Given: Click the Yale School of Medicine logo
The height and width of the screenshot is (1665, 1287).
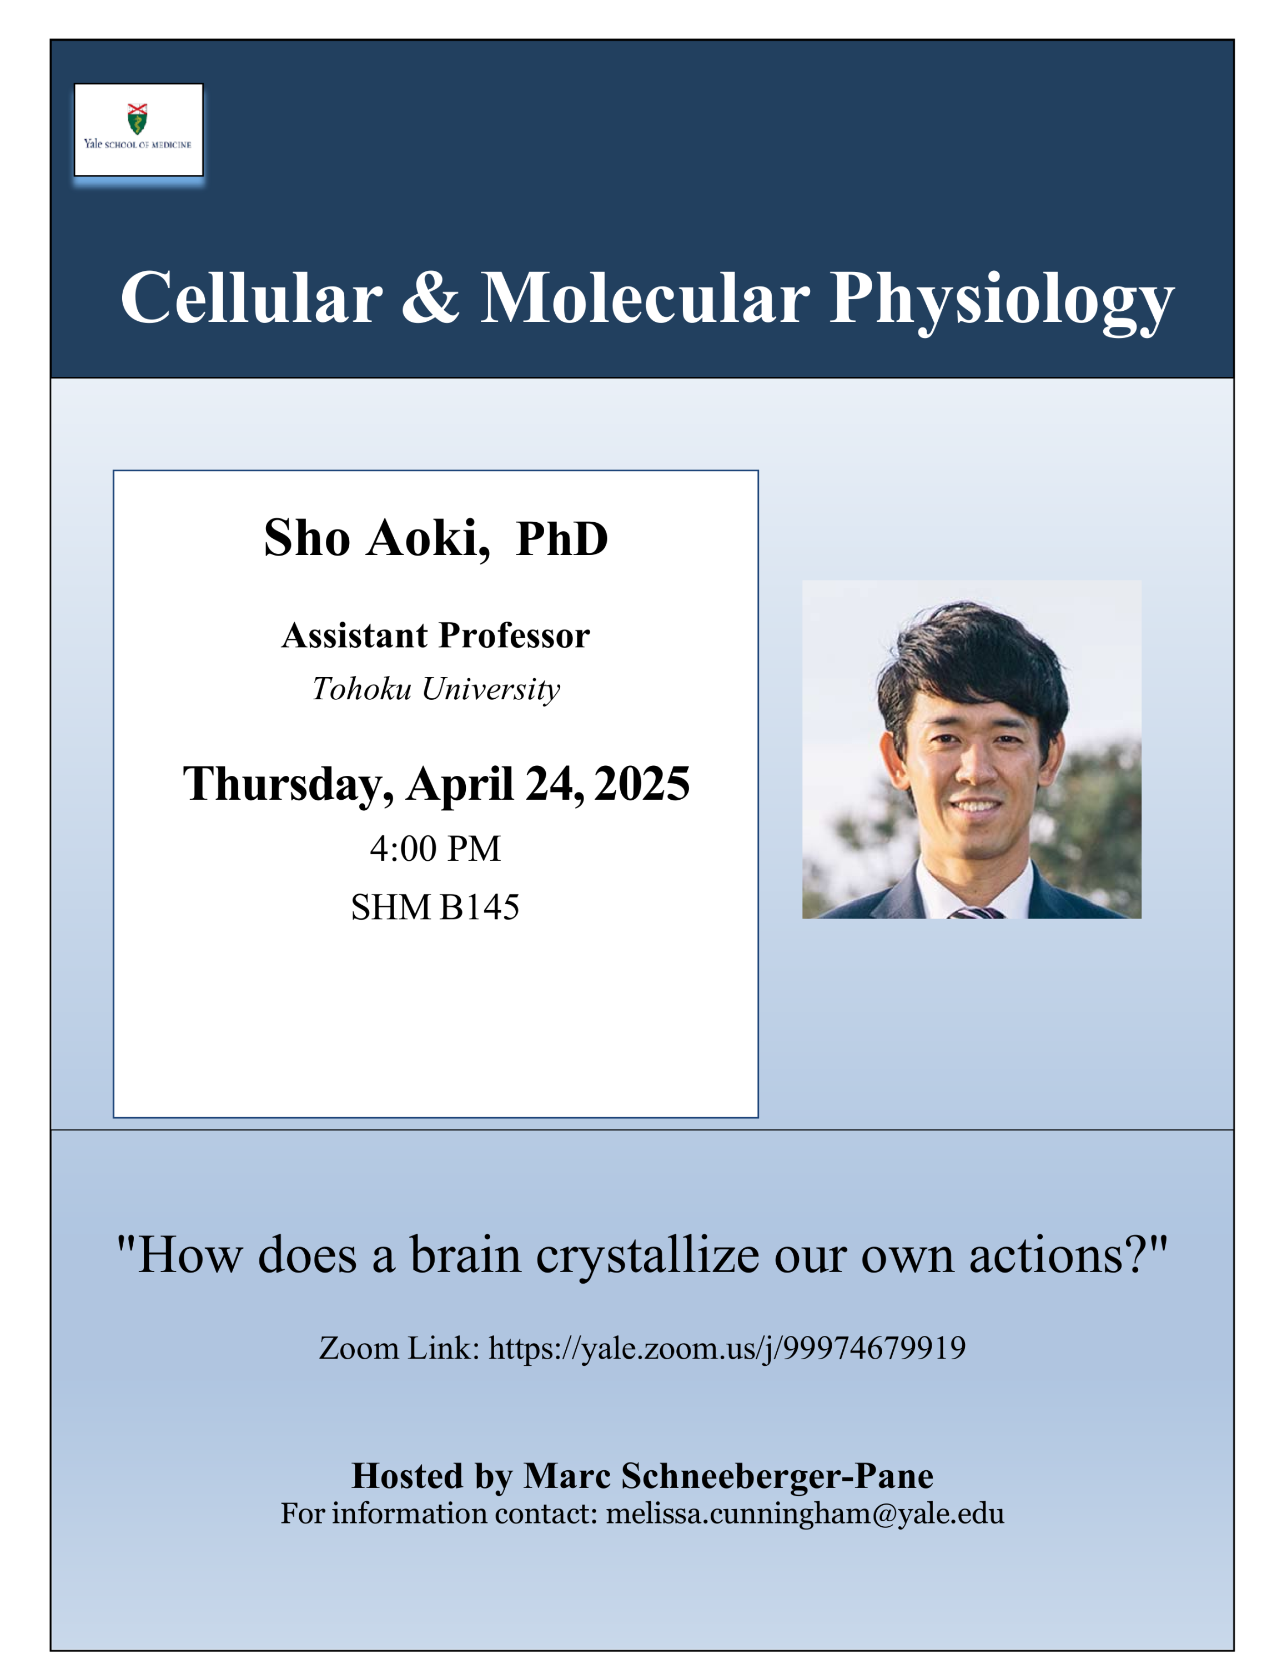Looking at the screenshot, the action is (x=138, y=130).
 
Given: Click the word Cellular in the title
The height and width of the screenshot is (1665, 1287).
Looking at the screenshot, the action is (x=252, y=298).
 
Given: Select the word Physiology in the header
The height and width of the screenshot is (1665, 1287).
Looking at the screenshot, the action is (x=1002, y=301).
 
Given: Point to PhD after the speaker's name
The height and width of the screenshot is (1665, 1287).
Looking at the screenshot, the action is (x=562, y=538).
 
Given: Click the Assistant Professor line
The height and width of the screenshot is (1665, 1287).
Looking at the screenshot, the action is (x=435, y=635).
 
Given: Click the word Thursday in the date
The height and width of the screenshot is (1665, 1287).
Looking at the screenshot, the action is (x=288, y=784).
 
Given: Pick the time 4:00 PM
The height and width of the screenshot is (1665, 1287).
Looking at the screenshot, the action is (x=435, y=849).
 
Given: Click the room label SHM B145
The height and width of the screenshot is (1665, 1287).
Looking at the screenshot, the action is (x=435, y=907).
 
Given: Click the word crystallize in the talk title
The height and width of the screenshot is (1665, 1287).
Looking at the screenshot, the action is (x=647, y=1255).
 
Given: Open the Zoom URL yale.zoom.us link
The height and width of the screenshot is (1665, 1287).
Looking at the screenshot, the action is (x=727, y=1349).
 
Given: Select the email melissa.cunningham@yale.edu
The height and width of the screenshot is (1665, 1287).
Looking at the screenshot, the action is (x=805, y=1514).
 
